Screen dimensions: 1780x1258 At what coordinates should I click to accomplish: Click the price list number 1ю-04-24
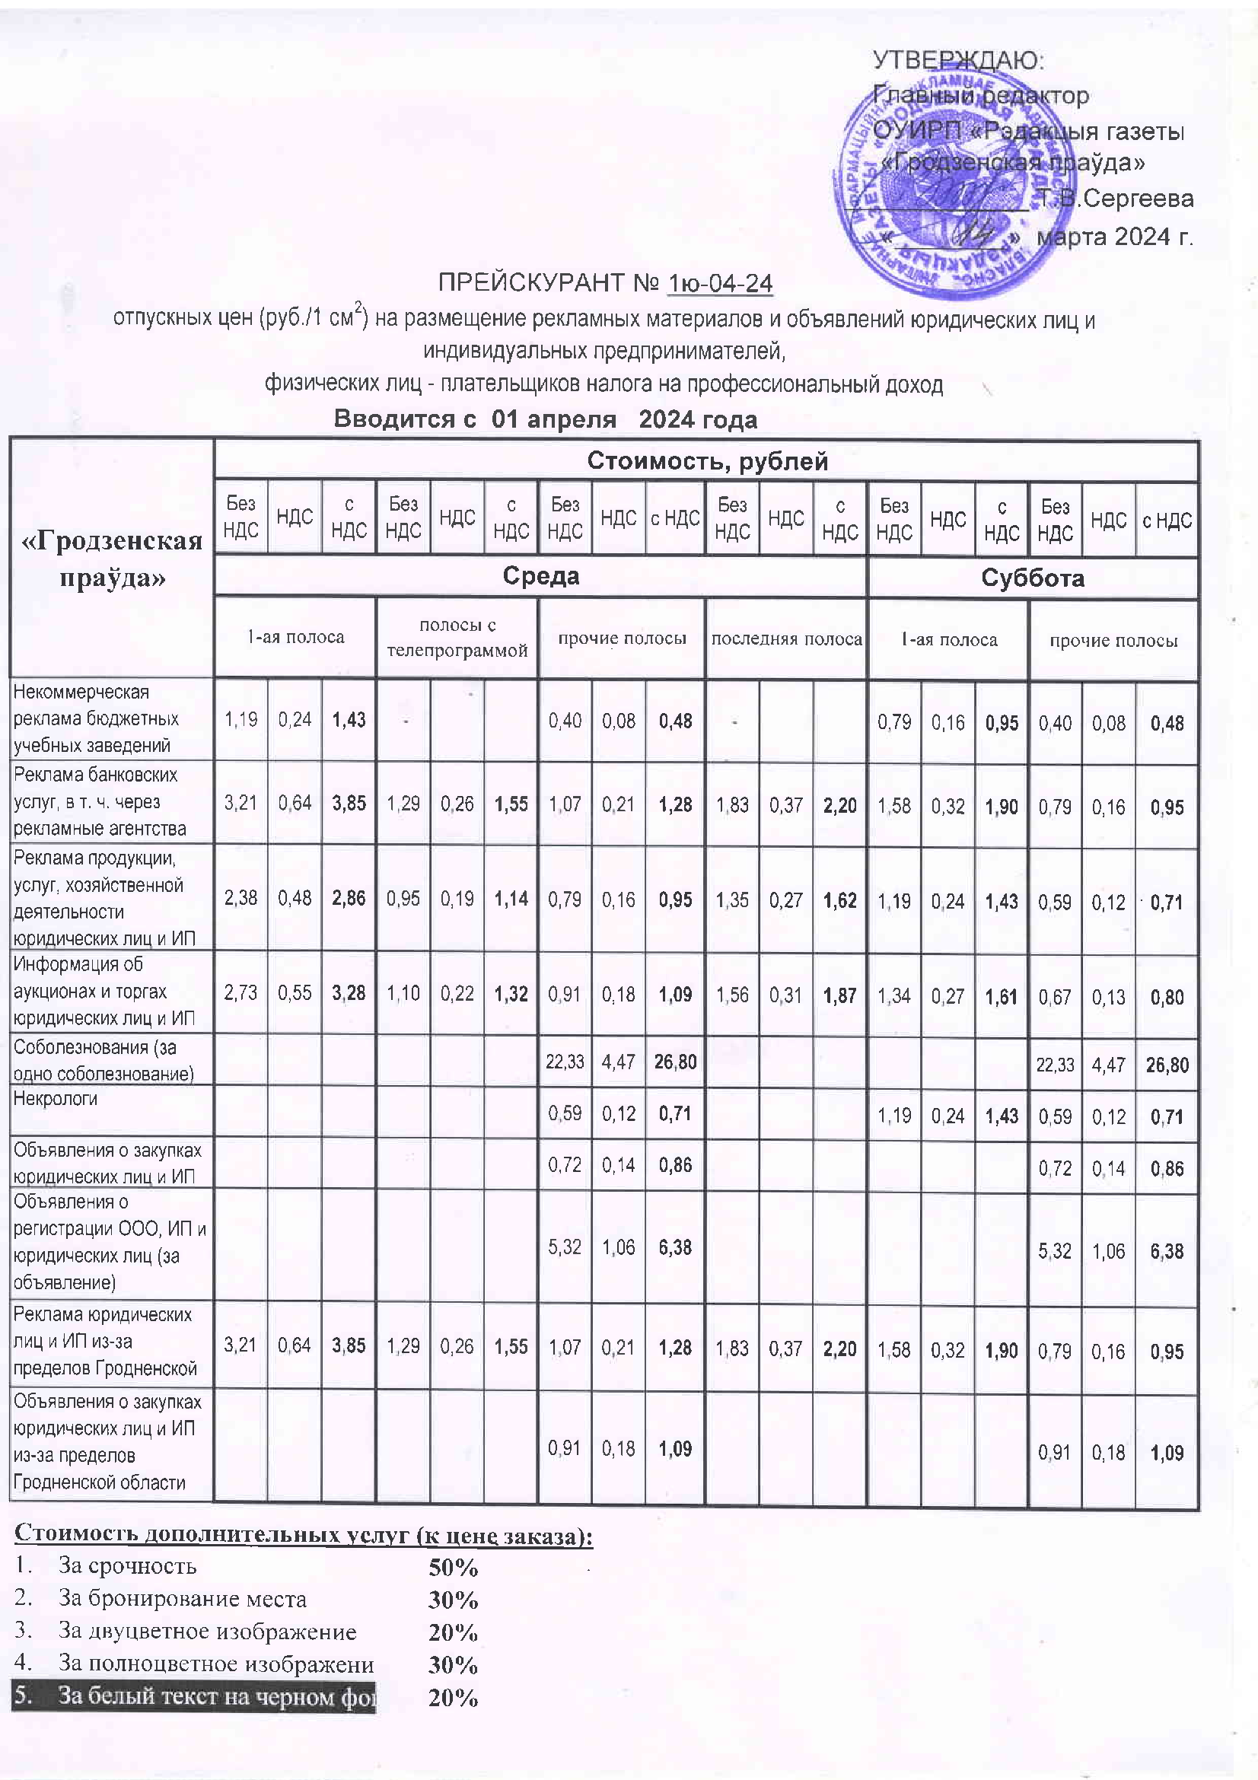click(x=720, y=283)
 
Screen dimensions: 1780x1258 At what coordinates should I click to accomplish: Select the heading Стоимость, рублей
click(x=707, y=461)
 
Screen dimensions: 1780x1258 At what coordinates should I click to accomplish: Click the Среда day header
click(x=540, y=576)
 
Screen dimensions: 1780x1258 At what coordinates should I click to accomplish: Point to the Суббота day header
click(x=1033, y=578)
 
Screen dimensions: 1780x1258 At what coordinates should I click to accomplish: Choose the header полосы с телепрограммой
click(x=457, y=638)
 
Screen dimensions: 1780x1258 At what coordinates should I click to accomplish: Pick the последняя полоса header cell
click(x=786, y=638)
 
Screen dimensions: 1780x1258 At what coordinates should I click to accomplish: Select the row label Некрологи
click(x=56, y=1099)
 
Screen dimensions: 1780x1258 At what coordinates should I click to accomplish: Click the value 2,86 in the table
click(x=349, y=898)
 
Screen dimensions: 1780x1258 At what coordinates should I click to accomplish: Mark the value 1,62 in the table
click(x=840, y=900)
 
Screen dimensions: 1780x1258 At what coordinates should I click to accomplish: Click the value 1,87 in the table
click(x=840, y=995)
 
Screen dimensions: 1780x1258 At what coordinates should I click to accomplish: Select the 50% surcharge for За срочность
click(x=454, y=1568)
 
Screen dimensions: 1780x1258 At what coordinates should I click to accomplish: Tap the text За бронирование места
click(x=182, y=1599)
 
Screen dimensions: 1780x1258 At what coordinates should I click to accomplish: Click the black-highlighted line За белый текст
click(x=194, y=1696)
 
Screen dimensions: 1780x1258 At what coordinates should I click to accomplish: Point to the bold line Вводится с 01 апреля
click(x=545, y=419)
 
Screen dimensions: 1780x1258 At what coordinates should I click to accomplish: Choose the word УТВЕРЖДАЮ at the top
click(x=958, y=60)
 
